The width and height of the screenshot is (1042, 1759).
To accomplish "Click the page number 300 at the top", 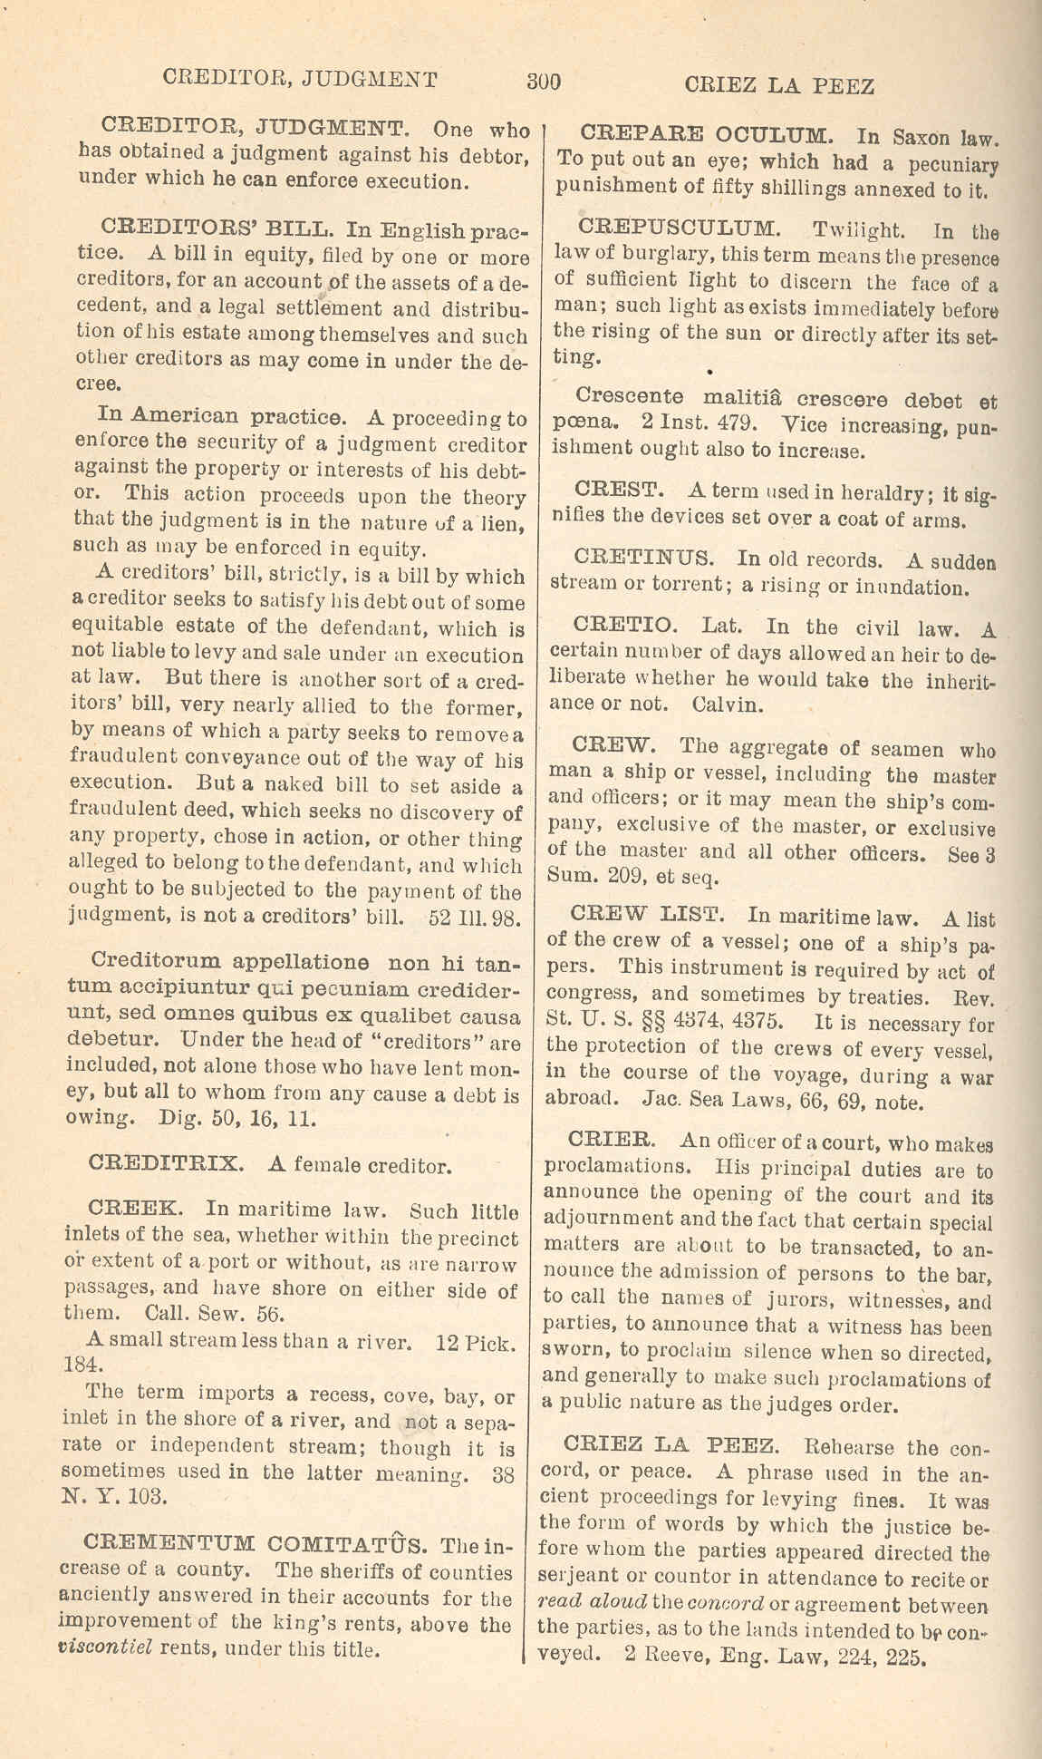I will coord(544,82).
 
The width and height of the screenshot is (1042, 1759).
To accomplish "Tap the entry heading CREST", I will coord(620,491).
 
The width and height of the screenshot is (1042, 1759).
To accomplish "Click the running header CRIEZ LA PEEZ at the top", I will coord(779,86).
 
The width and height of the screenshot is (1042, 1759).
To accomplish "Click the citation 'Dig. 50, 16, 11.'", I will coord(237,1119).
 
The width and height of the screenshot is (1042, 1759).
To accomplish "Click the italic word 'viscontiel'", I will coord(102,1648).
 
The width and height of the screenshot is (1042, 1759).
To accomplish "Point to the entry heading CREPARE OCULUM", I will coord(704,137).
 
